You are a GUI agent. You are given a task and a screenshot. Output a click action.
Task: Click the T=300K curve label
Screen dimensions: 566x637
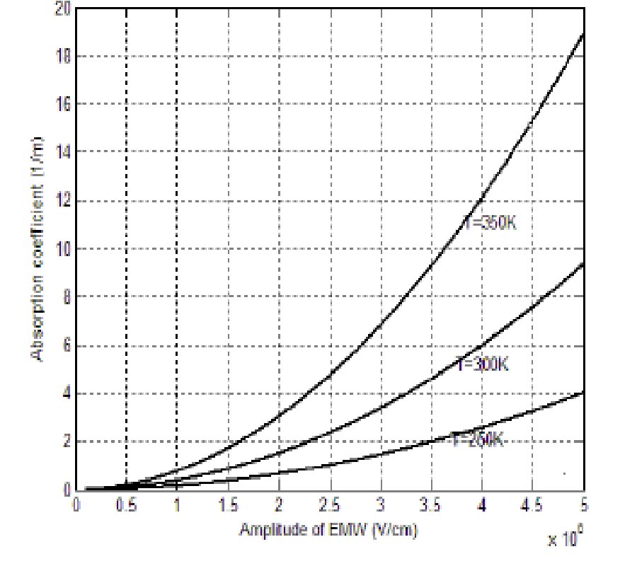[483, 365]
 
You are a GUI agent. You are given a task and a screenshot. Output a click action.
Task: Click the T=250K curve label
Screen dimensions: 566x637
[478, 439]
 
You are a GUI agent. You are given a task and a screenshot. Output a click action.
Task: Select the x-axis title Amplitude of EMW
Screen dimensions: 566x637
[328, 529]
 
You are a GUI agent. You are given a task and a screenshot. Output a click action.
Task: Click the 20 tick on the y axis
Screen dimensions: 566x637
[62, 8]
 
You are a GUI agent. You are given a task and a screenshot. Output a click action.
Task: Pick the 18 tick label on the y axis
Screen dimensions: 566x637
[62, 57]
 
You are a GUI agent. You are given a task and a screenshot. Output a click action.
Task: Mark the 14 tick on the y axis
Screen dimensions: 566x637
[62, 152]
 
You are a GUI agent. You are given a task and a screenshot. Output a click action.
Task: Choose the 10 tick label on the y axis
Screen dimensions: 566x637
[62, 249]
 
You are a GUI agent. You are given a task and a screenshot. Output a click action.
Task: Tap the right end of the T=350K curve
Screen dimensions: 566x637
[583, 33]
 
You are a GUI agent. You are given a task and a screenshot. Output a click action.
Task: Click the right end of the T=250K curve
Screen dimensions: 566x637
[583, 392]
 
